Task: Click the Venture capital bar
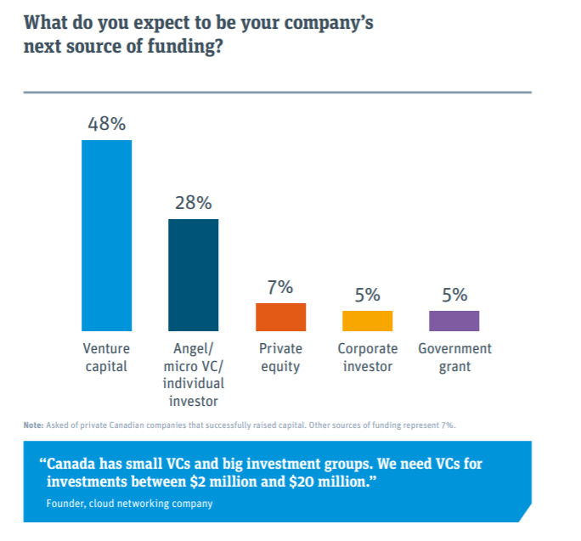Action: tap(106, 235)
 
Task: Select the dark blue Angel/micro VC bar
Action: tap(193, 274)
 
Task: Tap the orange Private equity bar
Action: tap(280, 317)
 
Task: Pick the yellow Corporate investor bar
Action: tap(367, 320)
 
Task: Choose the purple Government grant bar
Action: tap(454, 320)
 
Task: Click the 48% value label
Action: tap(107, 123)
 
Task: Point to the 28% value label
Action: tap(194, 203)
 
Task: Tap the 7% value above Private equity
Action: tap(280, 287)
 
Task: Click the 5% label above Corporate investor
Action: tap(367, 295)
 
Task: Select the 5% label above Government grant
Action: tap(454, 295)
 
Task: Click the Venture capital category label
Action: tap(106, 358)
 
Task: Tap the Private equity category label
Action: tap(280, 358)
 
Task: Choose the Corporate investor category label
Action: tap(367, 358)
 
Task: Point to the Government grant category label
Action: tap(454, 358)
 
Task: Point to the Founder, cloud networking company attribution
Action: tap(129, 504)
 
